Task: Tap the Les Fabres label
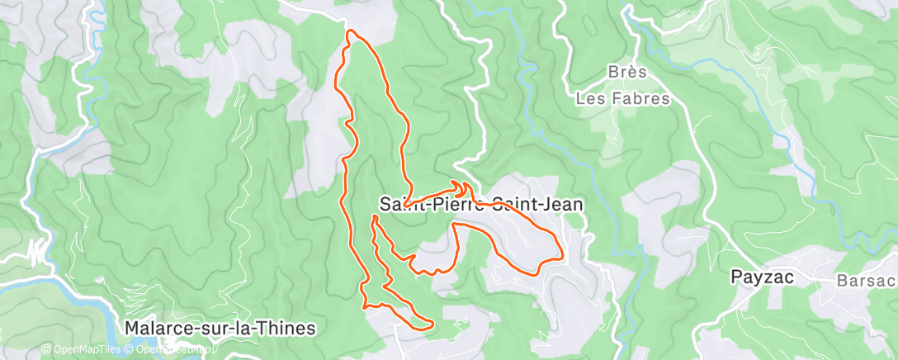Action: [622, 98]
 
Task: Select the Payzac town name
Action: [763, 278]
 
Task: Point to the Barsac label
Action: [865, 280]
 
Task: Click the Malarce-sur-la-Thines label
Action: [220, 328]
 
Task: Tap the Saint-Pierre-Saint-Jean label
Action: [482, 202]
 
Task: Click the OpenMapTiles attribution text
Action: [83, 349]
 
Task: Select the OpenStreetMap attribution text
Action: [170, 349]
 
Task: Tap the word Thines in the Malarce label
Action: [286, 328]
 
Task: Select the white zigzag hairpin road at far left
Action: [37, 249]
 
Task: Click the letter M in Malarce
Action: [132, 328]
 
